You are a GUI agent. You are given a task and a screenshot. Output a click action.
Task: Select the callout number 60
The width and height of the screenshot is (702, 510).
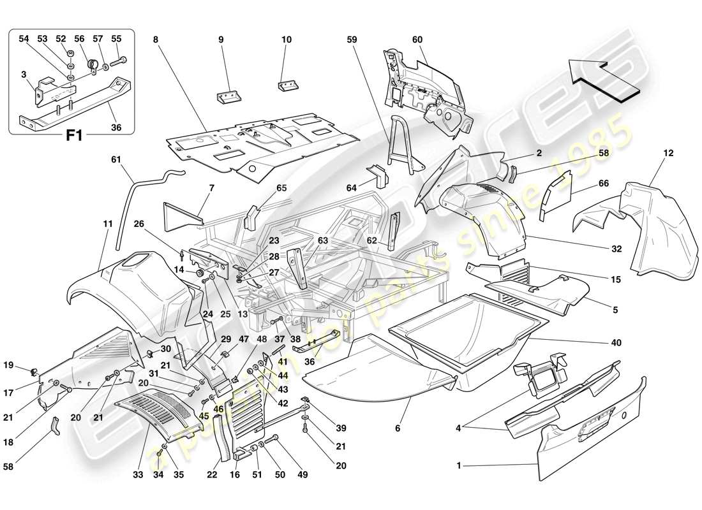[417, 40]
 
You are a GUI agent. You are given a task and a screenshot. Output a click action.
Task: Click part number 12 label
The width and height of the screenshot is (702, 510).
[650, 153]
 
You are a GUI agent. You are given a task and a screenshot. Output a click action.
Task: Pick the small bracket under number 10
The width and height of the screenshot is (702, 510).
[288, 85]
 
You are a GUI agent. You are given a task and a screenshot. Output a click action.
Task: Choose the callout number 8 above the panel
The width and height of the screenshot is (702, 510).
[154, 40]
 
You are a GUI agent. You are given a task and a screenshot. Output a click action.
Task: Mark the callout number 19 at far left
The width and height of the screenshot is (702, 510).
[26, 365]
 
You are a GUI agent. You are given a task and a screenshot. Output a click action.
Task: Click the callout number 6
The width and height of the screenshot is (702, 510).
[398, 429]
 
